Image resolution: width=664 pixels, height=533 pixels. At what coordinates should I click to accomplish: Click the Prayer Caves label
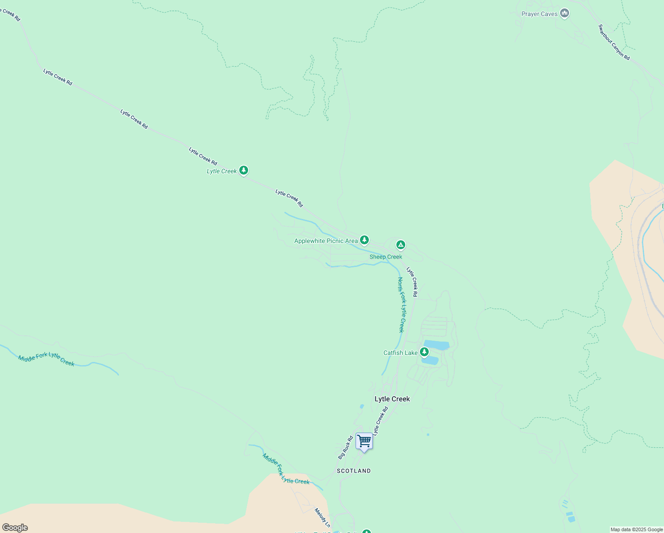pyautogui.click(x=539, y=14)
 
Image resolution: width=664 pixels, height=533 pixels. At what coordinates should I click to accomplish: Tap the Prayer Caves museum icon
pyautogui.click(x=565, y=13)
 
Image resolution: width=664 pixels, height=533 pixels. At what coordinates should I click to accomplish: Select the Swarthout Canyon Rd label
pyautogui.click(x=614, y=42)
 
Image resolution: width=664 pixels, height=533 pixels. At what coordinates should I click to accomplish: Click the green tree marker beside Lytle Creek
pyautogui.click(x=243, y=170)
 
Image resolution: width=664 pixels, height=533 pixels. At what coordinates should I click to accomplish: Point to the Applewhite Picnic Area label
pyautogui.click(x=326, y=241)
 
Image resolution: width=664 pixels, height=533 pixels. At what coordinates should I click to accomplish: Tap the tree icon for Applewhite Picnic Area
pyautogui.click(x=364, y=240)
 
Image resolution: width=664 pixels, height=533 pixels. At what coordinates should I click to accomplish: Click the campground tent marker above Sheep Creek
pyautogui.click(x=400, y=244)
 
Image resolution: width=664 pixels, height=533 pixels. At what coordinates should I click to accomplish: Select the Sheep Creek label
pyautogui.click(x=386, y=257)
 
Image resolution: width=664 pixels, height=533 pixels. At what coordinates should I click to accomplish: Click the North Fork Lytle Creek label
pyautogui.click(x=401, y=305)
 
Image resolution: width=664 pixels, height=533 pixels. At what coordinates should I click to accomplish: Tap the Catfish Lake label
pyautogui.click(x=400, y=353)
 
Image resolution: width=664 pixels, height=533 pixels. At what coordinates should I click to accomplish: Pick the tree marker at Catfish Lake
pyautogui.click(x=424, y=352)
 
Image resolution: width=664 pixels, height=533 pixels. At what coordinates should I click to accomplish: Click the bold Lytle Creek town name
pyautogui.click(x=392, y=399)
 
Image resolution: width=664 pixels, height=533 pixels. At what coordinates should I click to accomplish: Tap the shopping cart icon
pyautogui.click(x=364, y=441)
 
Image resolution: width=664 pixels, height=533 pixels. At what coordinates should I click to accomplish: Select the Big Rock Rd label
pyautogui.click(x=345, y=448)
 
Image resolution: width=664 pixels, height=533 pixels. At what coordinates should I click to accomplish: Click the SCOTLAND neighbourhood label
pyautogui.click(x=353, y=471)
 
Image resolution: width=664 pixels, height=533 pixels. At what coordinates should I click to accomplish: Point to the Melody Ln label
pyautogui.click(x=322, y=518)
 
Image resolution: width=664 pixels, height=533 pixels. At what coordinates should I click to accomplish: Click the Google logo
pyautogui.click(x=15, y=528)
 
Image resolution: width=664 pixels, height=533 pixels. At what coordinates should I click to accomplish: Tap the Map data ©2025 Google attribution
pyautogui.click(x=636, y=529)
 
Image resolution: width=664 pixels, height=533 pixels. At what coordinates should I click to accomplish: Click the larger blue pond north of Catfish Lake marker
pyautogui.click(x=436, y=345)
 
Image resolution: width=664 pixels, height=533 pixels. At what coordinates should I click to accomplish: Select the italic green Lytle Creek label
pyautogui.click(x=221, y=171)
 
